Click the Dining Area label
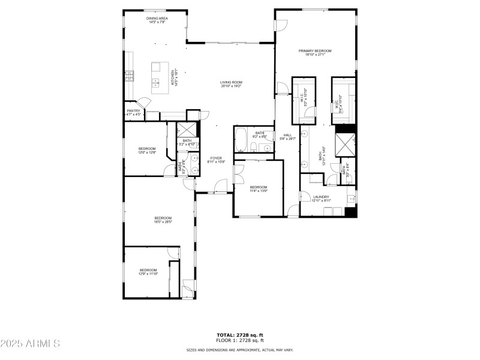pos(157,20)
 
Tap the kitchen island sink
pos(155,82)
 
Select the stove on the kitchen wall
pos(129,76)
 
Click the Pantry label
pos(133,112)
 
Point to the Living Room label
pos(231,84)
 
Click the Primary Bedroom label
pos(315,53)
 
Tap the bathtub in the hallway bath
pos(240,140)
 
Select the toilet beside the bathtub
pos(254,149)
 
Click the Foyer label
pos(215,160)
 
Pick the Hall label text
pos(287,137)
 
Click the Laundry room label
pos(321,199)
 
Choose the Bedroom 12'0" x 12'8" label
pos(147,150)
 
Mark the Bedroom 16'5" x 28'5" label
pos(163,220)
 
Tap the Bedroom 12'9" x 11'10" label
pos(148,272)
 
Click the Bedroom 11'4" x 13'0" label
pos(259,189)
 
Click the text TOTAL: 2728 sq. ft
pos(239,335)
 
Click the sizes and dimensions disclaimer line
pos(239,350)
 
